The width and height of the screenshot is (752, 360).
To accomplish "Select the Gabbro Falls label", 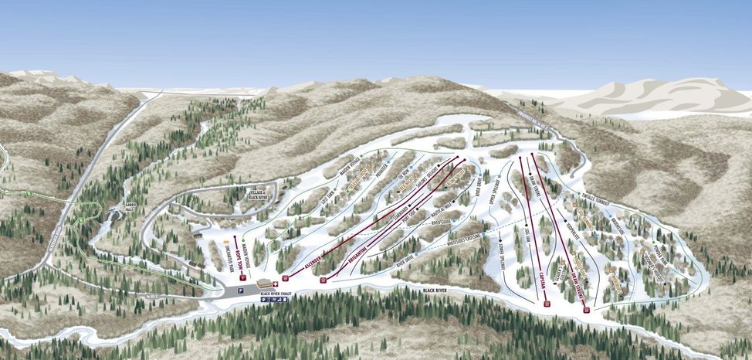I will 130,206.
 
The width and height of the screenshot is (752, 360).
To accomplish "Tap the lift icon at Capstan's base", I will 547,304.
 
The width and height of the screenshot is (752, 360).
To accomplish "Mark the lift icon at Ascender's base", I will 286,277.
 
